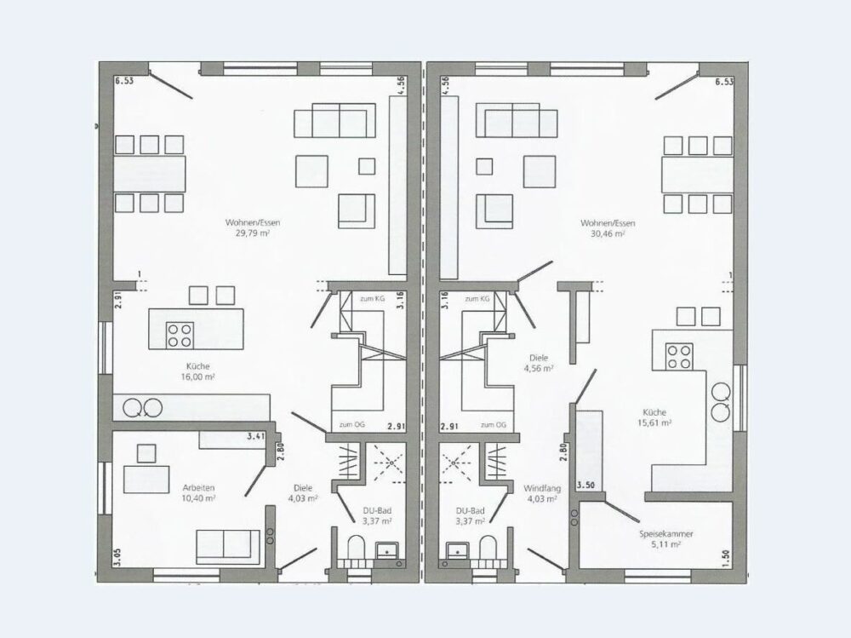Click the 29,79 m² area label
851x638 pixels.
(x=253, y=233)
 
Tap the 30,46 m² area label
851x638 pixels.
(x=608, y=233)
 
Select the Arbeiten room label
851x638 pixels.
(x=198, y=487)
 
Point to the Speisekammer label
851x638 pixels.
(x=666, y=534)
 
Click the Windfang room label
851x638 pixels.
(x=541, y=488)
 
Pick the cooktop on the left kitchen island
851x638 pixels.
(x=180, y=335)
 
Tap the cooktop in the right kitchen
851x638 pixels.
(x=679, y=357)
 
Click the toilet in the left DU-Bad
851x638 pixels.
(x=356, y=547)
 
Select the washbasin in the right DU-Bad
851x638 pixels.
(x=457, y=550)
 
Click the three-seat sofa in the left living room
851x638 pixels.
(x=334, y=120)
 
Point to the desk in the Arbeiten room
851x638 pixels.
(x=146, y=479)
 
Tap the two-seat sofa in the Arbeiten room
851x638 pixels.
(x=228, y=546)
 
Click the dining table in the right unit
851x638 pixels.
(x=697, y=175)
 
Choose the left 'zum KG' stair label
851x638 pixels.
(x=371, y=299)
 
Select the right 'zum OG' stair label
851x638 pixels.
(x=493, y=425)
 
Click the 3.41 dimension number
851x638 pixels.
(x=255, y=436)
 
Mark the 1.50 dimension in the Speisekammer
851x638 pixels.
(x=728, y=558)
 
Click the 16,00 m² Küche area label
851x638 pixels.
(x=197, y=376)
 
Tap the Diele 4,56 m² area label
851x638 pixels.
(x=539, y=369)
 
